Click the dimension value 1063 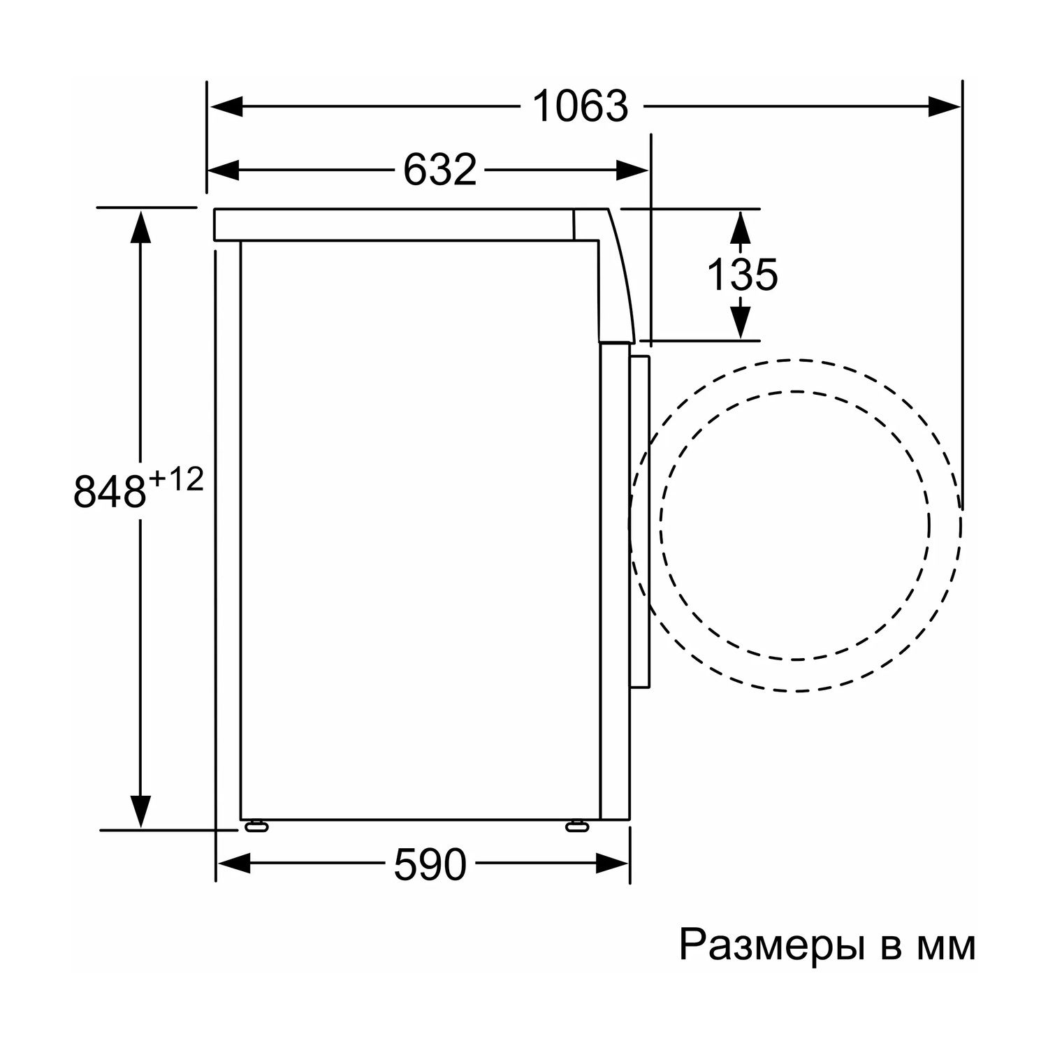pyautogui.click(x=580, y=107)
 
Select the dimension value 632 pyautogui.click(x=440, y=170)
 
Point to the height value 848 pyautogui.click(x=110, y=491)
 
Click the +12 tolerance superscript pyautogui.click(x=175, y=480)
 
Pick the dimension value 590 pyautogui.click(x=430, y=864)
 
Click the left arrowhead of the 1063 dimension pyautogui.click(x=226, y=107)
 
